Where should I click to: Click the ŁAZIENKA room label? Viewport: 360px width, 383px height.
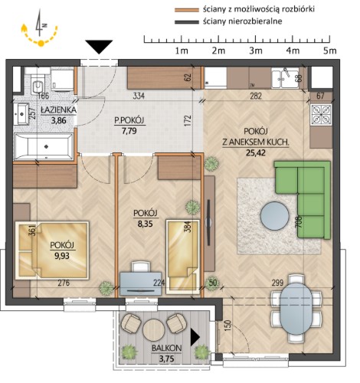58,110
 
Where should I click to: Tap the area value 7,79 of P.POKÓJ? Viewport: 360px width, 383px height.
129,131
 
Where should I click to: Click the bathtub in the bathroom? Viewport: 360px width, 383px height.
44,146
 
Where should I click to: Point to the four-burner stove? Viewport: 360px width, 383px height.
321,114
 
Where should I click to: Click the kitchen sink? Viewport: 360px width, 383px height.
285,77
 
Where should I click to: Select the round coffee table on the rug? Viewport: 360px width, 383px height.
275,216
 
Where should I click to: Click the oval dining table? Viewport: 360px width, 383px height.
296,308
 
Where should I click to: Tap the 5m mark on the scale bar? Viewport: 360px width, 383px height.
330,51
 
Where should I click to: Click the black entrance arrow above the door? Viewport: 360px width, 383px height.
99,47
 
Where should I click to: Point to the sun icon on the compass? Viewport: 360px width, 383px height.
41,44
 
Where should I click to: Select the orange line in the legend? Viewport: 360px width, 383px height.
187,10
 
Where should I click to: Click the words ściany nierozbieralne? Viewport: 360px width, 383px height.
243,21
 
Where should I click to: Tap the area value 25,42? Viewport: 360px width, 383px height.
256,152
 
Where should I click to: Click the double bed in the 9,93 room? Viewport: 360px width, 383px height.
52,250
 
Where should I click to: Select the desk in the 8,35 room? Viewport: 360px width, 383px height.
140,283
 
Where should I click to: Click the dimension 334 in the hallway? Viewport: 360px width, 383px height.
139,96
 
